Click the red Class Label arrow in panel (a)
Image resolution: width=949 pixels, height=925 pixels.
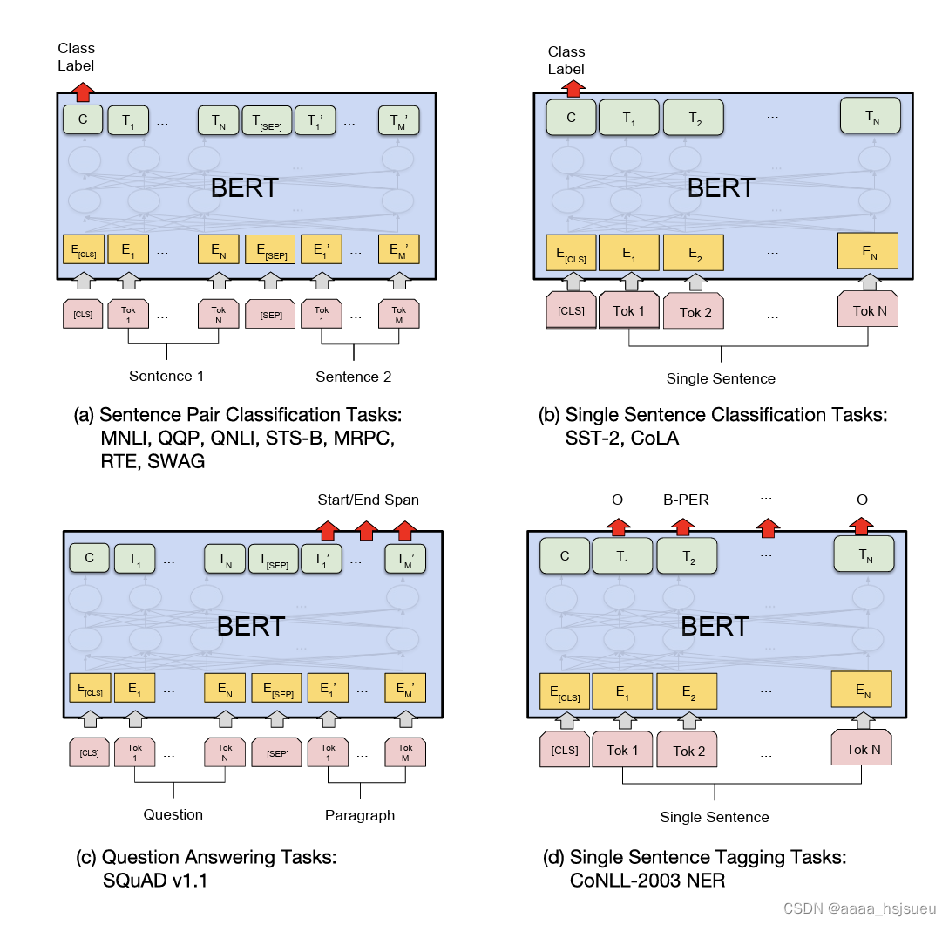(x=83, y=90)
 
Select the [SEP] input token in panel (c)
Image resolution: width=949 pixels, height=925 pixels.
(x=278, y=752)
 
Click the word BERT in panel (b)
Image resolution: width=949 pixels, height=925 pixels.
(x=720, y=187)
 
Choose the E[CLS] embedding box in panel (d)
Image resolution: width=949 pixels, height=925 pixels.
(x=565, y=690)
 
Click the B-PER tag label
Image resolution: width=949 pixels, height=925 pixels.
(x=686, y=500)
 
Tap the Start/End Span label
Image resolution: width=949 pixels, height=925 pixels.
(x=368, y=500)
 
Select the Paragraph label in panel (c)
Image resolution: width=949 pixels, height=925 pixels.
(x=360, y=816)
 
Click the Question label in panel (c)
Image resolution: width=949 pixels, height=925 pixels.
(x=173, y=815)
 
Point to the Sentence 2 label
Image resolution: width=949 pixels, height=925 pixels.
(x=353, y=377)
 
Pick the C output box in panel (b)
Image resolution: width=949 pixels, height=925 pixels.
(x=571, y=119)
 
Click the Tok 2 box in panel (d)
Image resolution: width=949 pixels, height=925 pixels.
(x=688, y=751)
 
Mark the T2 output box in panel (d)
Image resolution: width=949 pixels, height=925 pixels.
(x=688, y=557)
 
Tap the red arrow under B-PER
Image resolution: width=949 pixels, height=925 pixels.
(x=682, y=527)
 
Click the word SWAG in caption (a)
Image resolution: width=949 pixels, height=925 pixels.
(x=177, y=462)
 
